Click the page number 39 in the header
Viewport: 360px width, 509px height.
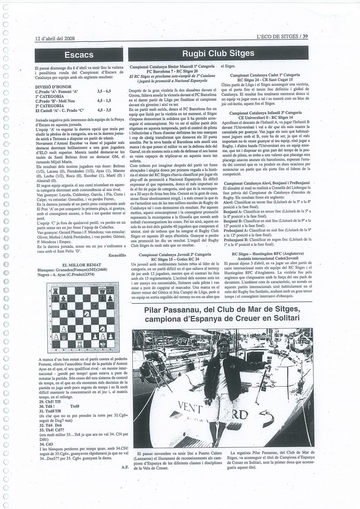tap(305, 37)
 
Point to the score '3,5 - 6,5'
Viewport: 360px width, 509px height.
tap(105, 90)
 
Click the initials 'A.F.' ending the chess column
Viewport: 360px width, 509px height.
tap(125, 480)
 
